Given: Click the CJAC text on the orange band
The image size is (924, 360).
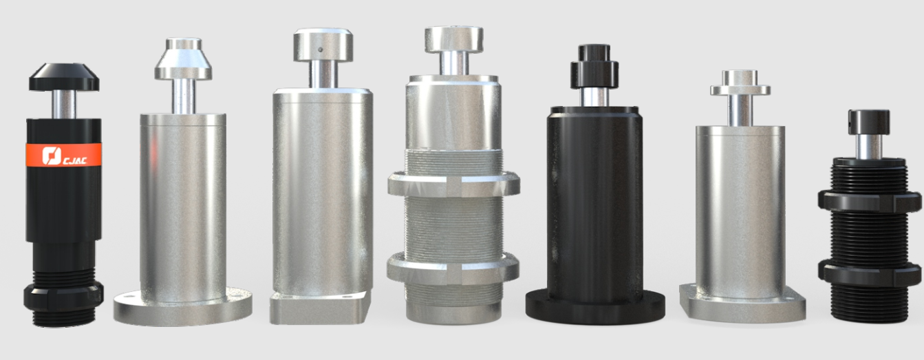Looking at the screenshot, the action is click(75, 160).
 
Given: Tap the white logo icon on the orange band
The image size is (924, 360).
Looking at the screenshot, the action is click(52, 156).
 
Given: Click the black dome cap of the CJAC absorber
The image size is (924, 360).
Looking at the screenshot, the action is click(64, 77).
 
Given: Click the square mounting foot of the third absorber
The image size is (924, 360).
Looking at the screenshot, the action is click(320, 308).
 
